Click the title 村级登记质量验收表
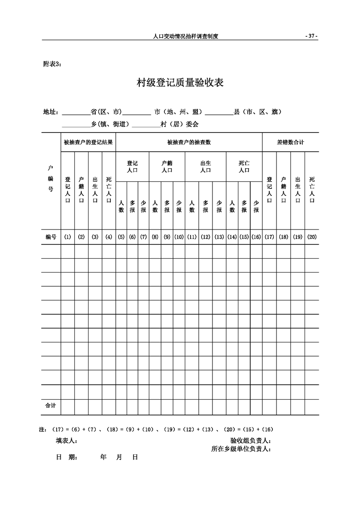(180, 83)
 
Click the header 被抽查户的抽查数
(189, 142)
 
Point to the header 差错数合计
(291, 142)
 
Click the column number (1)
(68, 237)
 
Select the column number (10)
(179, 237)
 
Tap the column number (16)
(256, 237)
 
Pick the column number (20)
(312, 237)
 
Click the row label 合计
(50, 406)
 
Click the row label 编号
(50, 237)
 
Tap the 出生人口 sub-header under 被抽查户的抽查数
(205, 166)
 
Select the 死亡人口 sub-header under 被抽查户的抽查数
(244, 166)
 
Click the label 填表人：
(67, 440)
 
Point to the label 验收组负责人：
(251, 440)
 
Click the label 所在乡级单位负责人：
(241, 449)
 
